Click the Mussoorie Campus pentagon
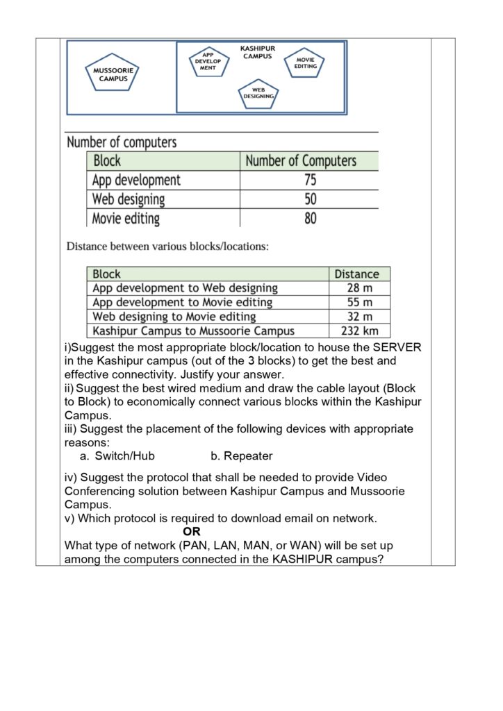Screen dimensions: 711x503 pos(113,74)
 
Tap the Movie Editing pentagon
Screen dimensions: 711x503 pos(305,63)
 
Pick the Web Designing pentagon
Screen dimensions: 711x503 pos(258,94)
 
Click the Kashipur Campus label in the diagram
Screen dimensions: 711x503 pos(257,52)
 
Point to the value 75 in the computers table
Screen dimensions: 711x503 pos(310,180)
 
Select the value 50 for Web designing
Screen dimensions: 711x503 pos(310,199)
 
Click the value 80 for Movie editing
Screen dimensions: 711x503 pos(310,219)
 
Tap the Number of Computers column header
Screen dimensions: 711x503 pos(301,161)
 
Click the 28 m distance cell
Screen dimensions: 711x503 pos(359,287)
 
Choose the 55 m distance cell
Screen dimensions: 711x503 pos(359,302)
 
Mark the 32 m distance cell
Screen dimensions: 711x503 pos(359,317)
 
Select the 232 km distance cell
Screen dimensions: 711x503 pos(359,331)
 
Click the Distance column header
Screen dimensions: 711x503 pos(357,274)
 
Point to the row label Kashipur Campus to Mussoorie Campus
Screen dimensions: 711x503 pos(193,331)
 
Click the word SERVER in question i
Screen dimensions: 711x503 pos(397,347)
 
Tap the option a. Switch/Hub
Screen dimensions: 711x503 pos(117,456)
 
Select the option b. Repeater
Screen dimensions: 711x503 pos(241,456)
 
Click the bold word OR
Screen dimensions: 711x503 pos(192,532)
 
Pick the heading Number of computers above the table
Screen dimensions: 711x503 pos(122,142)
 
